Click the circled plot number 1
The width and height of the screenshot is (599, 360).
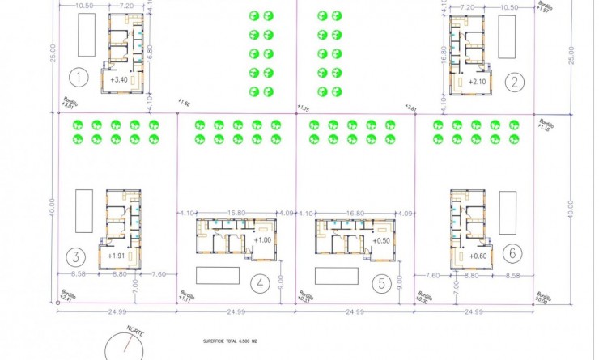(78, 78)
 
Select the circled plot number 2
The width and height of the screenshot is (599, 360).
(513, 80)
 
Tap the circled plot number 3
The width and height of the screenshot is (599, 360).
(75, 257)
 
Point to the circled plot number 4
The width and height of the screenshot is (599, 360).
(259, 283)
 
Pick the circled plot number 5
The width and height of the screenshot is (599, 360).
(381, 283)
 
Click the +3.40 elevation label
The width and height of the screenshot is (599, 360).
(119, 80)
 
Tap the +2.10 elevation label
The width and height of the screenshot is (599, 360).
(477, 82)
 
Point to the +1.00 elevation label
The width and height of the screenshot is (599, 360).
(262, 239)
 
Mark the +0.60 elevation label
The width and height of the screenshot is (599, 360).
(477, 256)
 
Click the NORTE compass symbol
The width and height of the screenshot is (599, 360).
(128, 345)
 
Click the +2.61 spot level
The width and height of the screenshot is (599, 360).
(410, 107)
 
